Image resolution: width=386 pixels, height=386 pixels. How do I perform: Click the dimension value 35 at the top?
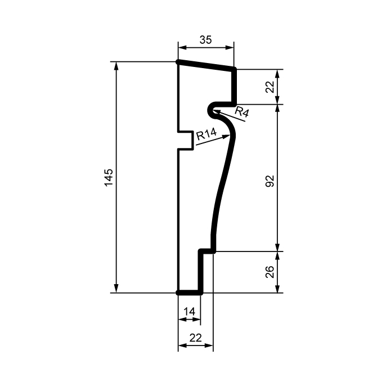click(x=206, y=40)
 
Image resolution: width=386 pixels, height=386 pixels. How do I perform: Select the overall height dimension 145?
click(x=109, y=177)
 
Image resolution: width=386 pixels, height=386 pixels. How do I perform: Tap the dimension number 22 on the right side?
click(x=270, y=87)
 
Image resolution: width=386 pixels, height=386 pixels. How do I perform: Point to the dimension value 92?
click(x=270, y=181)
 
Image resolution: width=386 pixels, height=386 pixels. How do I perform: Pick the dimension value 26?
click(x=270, y=272)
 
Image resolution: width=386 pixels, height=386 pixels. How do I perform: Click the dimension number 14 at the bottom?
click(x=189, y=311)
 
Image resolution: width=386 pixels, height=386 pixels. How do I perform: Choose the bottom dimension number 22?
click(x=195, y=338)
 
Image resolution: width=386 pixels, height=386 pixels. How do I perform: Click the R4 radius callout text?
click(x=241, y=111)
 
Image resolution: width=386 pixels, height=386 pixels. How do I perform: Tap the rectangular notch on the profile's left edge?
click(x=186, y=141)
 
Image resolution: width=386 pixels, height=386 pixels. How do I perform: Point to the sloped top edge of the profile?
click(x=206, y=65)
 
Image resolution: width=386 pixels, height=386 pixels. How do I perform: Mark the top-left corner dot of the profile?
click(x=178, y=62)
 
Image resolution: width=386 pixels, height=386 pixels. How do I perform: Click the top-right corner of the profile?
click(x=234, y=70)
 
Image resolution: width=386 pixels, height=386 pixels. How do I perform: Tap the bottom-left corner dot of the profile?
click(x=178, y=293)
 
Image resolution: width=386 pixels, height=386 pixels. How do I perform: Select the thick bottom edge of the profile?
click(x=190, y=293)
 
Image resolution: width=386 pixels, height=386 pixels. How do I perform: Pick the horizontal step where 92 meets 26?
click(x=207, y=251)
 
